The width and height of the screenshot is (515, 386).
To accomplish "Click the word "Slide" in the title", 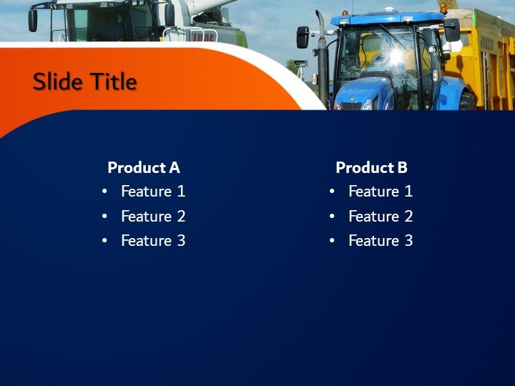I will click(x=58, y=82).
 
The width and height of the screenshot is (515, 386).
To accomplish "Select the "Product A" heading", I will click(x=143, y=168).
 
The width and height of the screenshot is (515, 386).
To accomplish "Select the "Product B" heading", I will click(x=371, y=168).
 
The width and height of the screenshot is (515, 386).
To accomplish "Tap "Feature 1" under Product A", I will click(x=153, y=192).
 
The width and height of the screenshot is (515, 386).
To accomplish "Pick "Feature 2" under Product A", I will click(x=153, y=216).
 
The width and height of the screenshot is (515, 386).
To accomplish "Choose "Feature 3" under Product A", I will click(x=153, y=241).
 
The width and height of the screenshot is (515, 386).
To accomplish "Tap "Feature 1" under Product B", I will click(x=381, y=192).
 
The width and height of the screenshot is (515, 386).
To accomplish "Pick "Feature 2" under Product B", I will click(x=381, y=216).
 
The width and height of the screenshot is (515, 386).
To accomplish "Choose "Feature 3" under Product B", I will click(x=381, y=241).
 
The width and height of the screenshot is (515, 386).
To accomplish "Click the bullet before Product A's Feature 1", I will click(x=105, y=192).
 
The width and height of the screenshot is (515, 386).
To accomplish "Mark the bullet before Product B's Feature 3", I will click(x=333, y=241).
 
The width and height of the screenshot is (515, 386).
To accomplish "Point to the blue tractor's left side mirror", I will click(x=303, y=37).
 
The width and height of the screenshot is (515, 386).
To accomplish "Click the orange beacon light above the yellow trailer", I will click(x=443, y=7).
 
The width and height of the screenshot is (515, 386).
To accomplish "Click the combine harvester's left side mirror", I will click(x=33, y=20).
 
